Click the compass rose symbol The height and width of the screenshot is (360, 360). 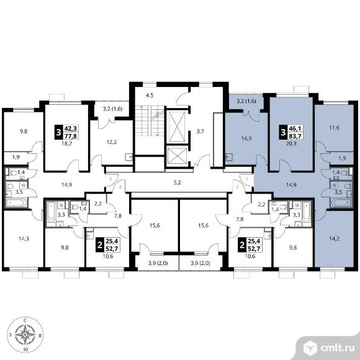(25, 335)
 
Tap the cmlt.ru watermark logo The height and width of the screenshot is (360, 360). (328, 348)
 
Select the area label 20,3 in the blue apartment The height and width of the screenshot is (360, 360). (291, 144)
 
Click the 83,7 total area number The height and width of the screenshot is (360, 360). (294, 136)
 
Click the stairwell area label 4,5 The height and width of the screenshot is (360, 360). (150, 96)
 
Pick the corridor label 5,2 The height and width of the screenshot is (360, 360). (178, 182)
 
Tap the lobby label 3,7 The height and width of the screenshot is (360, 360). (200, 132)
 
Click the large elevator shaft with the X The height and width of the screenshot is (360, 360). (177, 127)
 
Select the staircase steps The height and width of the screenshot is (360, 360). (150, 121)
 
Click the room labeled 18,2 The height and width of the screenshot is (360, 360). (66, 138)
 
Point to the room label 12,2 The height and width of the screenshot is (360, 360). (112, 142)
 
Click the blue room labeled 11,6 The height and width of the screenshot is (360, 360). (334, 128)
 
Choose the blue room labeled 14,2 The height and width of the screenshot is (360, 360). (335, 239)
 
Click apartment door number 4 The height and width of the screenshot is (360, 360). (110, 179)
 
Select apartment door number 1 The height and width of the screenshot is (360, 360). (247, 179)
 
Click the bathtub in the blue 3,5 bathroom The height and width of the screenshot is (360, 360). (341, 203)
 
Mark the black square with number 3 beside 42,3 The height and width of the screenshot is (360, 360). (59, 132)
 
